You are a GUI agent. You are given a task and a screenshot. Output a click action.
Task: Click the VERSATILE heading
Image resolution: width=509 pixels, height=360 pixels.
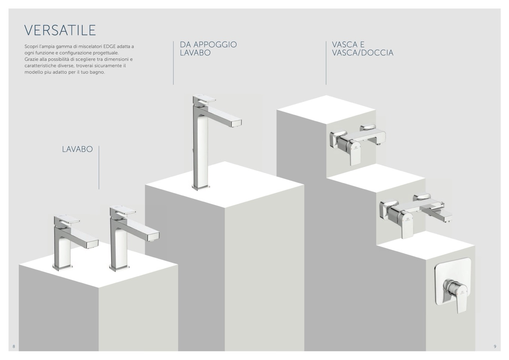point(60,30)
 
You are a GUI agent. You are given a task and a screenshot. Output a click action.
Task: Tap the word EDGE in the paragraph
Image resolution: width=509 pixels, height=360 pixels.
point(109,47)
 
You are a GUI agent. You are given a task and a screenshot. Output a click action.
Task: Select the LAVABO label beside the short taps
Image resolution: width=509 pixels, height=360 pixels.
point(77,149)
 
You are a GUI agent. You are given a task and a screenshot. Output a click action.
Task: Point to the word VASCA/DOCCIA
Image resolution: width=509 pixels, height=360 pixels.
point(363,53)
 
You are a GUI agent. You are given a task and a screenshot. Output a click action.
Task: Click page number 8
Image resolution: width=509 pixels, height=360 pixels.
point(14,346)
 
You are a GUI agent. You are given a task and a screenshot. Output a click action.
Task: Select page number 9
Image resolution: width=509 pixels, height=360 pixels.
point(495,346)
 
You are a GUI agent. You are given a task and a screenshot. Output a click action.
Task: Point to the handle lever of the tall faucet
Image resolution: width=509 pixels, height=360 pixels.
point(204,99)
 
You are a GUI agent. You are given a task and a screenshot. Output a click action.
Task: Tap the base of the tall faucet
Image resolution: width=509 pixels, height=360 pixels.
point(201,187)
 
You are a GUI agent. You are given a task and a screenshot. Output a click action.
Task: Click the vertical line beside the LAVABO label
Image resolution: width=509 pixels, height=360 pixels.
point(99,167)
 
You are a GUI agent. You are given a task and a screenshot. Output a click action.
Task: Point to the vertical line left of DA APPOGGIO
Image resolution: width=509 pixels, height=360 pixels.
point(173,63)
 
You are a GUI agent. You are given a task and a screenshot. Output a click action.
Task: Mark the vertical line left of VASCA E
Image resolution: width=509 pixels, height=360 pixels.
point(326,63)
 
